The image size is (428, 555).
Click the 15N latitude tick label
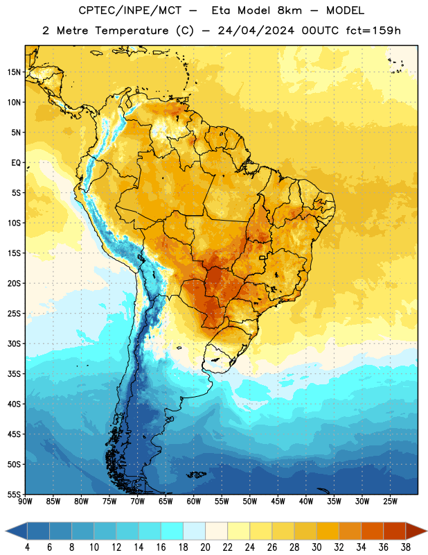pyautogui.click(x=14, y=72)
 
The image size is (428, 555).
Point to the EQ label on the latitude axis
pyautogui.click(x=16, y=163)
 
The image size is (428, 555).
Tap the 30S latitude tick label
pyautogui.click(x=14, y=343)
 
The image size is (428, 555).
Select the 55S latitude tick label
pyautogui.click(x=14, y=494)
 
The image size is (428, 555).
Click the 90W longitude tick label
pyautogui.click(x=25, y=502)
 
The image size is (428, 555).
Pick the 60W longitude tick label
pyautogui.click(x=194, y=502)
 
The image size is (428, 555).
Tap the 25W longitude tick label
pyautogui.click(x=390, y=502)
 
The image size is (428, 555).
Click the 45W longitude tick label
pyautogui.click(x=278, y=502)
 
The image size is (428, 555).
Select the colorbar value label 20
pyautogui.click(x=205, y=547)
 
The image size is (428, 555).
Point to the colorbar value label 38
pyautogui.click(x=406, y=547)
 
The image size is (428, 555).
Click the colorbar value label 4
pyautogui.click(x=27, y=547)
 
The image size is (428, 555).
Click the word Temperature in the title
pyautogui.click(x=132, y=31)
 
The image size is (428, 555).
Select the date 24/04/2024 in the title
pyautogui.click(x=256, y=31)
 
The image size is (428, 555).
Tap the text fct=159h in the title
pyautogui.click(x=373, y=31)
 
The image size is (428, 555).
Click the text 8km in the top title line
pyautogui.click(x=289, y=10)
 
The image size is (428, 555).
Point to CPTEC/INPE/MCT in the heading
pyautogui.click(x=130, y=10)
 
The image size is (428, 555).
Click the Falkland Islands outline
pyautogui.click(x=196, y=475)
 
